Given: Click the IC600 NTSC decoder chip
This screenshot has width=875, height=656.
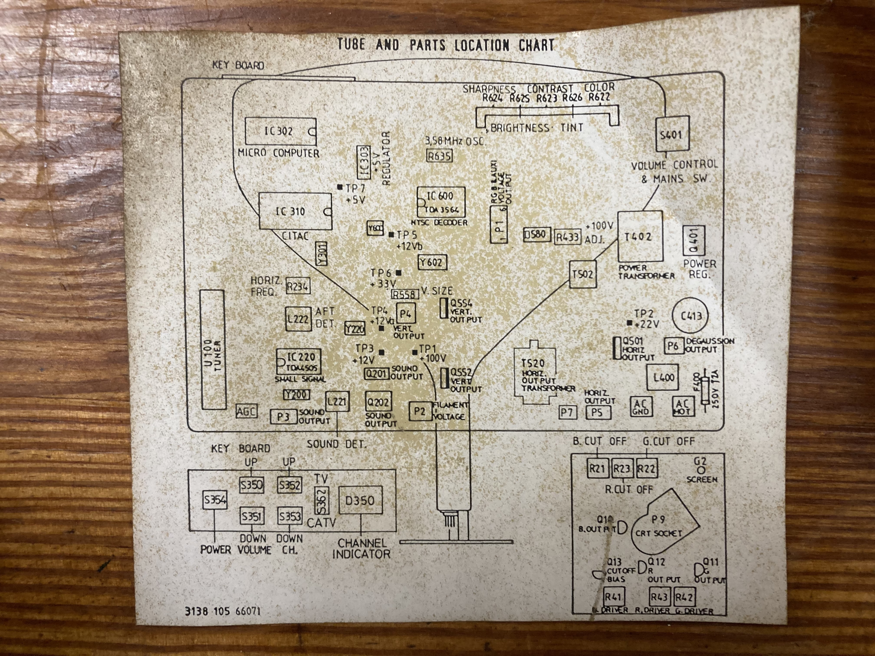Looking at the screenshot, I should tap(441, 202).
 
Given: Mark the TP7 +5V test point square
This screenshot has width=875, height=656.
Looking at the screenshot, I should tap(339, 187).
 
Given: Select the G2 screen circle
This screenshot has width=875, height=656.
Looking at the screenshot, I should tap(701, 471).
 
